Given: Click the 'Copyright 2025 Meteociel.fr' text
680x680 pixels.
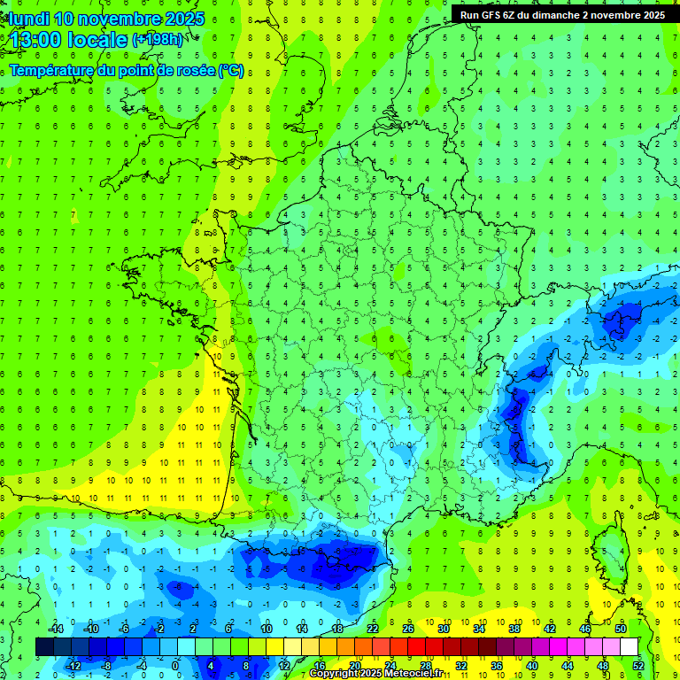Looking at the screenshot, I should point(375,674).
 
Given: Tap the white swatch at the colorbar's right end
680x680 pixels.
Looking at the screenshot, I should point(630,646).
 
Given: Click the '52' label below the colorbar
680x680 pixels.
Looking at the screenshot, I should point(638,665).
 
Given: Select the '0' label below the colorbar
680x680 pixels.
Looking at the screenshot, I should point(176,665).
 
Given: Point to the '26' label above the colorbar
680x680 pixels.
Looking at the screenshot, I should point(408,629).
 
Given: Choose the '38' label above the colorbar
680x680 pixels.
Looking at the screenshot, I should point(514,629).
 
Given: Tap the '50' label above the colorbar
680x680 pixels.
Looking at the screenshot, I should point(621,629).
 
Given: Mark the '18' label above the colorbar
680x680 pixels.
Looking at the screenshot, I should point(337,629).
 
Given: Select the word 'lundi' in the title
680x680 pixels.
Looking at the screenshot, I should point(27,19).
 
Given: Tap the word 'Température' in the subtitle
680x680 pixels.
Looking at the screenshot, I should point(52,70).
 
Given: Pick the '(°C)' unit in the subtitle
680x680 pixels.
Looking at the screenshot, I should point(230,70).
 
